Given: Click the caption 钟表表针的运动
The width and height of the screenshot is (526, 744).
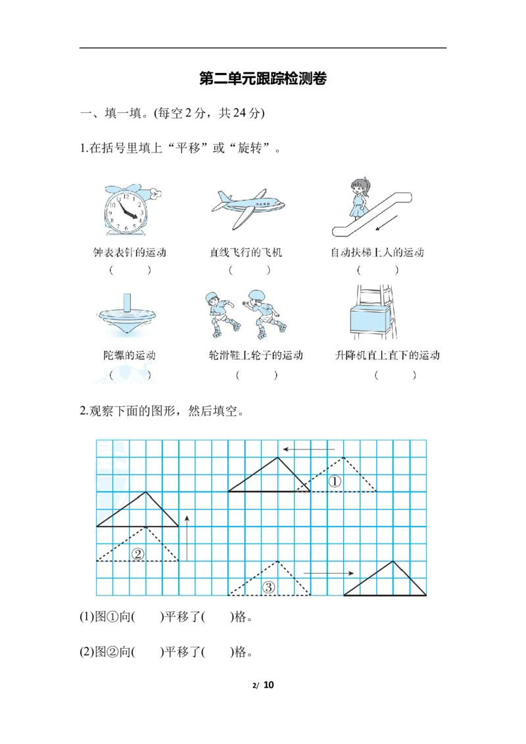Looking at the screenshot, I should coord(130,252).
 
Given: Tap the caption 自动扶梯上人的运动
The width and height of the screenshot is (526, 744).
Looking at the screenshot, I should coord(377,252).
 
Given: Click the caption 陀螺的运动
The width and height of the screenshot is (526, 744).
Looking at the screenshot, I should coord(125,356).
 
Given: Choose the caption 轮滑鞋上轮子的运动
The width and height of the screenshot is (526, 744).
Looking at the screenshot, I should coord(255,356).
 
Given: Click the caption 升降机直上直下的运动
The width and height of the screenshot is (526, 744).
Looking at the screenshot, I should coord(387,356).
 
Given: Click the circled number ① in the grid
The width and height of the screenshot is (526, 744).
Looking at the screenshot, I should coord(335,482).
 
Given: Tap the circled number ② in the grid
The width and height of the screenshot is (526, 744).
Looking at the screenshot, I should coord(137,553).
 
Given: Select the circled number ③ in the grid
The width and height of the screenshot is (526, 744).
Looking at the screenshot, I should coord(268,588).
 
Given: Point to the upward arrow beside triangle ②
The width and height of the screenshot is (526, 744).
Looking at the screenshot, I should coord(187,536).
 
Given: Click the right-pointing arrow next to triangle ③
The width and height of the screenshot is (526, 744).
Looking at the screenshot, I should coord(329,573).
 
